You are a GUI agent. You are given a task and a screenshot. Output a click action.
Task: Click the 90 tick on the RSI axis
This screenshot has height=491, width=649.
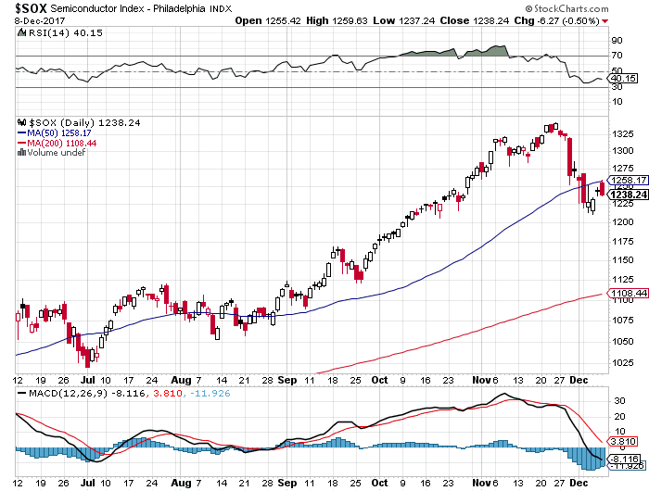(616, 41)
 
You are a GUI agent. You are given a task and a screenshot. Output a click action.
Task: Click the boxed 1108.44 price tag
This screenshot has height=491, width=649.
(627, 294)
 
